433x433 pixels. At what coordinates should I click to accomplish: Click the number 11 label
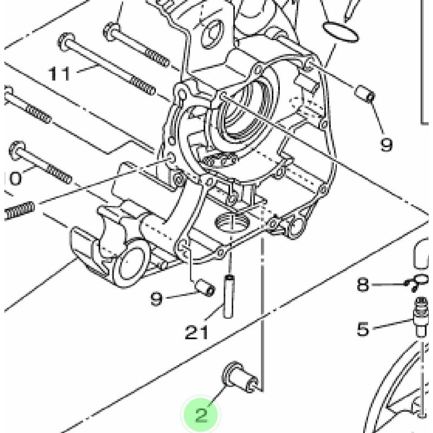[60, 74]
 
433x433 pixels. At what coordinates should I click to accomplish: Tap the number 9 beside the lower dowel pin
[156, 298]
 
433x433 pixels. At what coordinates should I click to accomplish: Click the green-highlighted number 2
[201, 415]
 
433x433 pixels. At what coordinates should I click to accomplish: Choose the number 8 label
[363, 284]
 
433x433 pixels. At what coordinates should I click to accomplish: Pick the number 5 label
[363, 329]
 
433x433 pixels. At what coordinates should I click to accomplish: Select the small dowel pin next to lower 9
[205, 287]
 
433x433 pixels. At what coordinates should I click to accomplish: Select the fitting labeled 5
[421, 317]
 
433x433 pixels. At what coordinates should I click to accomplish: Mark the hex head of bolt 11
[65, 41]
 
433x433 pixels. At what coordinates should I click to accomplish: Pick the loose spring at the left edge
[19, 210]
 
